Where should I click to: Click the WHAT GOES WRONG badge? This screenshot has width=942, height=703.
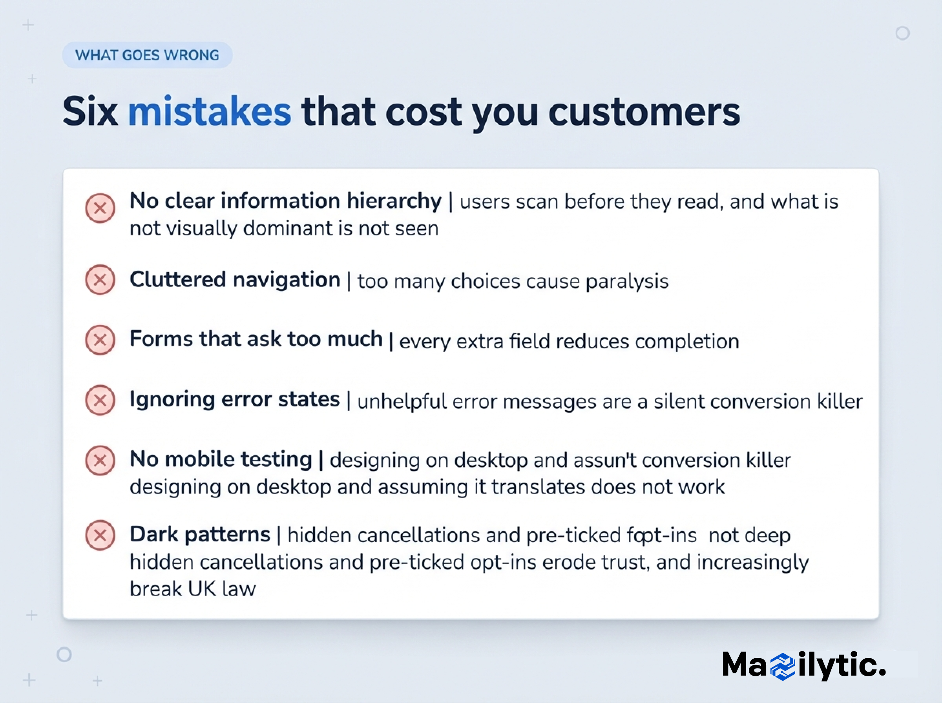[x=147, y=55]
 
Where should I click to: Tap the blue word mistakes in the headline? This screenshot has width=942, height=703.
[x=210, y=111]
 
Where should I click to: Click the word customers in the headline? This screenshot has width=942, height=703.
[x=644, y=112]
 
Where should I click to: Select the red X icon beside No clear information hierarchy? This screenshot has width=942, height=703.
[x=100, y=208]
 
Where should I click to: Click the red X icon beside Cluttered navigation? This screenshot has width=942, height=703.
[x=100, y=280]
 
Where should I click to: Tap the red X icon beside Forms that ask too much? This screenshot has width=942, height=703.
[x=100, y=340]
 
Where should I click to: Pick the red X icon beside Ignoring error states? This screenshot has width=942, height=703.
[x=100, y=400]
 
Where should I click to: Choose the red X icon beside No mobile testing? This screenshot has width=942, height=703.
[x=100, y=460]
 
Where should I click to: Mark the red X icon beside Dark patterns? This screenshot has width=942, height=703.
[x=100, y=535]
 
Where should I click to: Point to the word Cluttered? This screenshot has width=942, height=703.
[x=178, y=280]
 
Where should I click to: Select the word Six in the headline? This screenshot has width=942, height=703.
[x=90, y=111]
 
